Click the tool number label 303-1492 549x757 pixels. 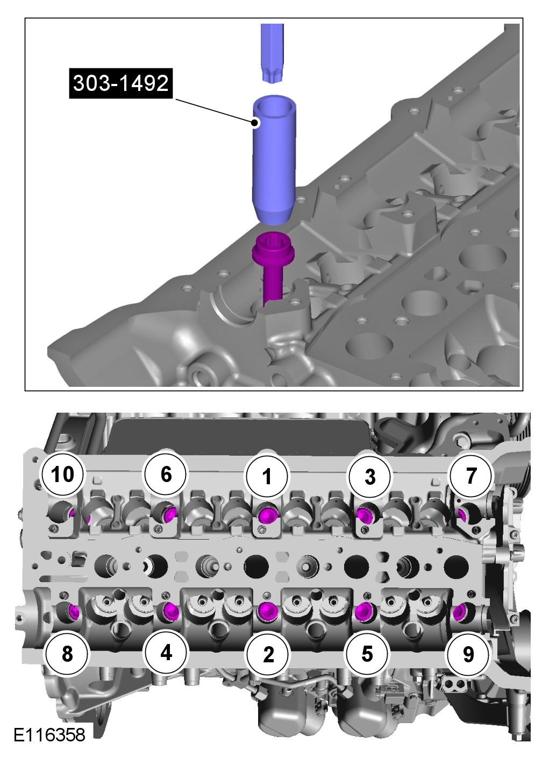(121, 83)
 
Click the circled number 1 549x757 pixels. (267, 476)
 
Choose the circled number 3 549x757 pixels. (370, 476)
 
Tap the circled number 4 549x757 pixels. (166, 652)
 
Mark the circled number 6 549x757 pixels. (166, 474)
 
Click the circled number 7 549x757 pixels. (471, 475)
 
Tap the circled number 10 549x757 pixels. (63, 474)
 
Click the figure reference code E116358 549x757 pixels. (49, 735)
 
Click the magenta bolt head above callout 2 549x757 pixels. (267, 611)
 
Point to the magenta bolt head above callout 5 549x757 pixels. (365, 610)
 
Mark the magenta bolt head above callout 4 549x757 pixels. (170, 610)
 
